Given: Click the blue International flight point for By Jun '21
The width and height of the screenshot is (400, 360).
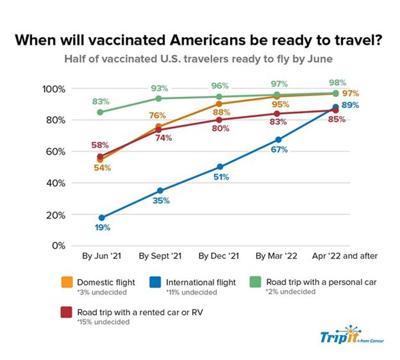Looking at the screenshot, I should pyautogui.click(x=101, y=217).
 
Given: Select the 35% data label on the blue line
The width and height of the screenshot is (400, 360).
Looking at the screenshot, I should pyautogui.click(x=161, y=201).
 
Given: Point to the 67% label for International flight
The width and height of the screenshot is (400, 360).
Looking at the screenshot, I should pyautogui.click(x=279, y=149).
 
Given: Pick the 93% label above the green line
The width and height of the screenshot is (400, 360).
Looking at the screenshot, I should pyautogui.click(x=159, y=88).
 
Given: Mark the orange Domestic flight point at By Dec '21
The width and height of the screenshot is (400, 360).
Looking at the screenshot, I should pyautogui.click(x=219, y=104).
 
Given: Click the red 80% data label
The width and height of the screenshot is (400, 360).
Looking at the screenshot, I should pyautogui.click(x=221, y=128).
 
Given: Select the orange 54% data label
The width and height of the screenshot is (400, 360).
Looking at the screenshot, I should pyautogui.click(x=102, y=168).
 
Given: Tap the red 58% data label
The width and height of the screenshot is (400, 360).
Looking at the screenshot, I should pyautogui.click(x=100, y=145).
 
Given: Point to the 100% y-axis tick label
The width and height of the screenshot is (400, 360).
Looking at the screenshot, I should pyautogui.click(x=53, y=89).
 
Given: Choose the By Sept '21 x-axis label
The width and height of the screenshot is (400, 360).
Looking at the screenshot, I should pyautogui.click(x=160, y=256).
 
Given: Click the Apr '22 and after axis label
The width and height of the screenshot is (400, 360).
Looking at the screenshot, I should pyautogui.click(x=345, y=256).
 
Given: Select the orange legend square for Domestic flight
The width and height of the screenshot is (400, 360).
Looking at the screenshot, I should pyautogui.click(x=66, y=282).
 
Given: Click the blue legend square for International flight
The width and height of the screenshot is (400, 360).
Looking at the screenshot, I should pyautogui.click(x=155, y=282).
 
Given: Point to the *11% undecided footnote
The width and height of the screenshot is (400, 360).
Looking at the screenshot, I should pyautogui.click(x=191, y=292).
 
